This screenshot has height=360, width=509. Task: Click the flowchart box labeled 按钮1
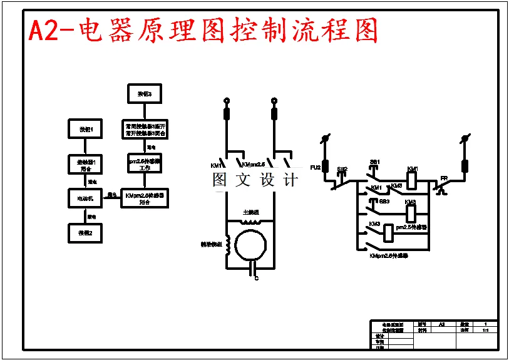point(85,130)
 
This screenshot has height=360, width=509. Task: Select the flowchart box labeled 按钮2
point(85,233)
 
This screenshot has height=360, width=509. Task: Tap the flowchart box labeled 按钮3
point(144,95)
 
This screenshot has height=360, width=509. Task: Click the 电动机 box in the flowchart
point(85,198)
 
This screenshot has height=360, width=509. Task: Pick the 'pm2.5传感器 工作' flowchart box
point(145,164)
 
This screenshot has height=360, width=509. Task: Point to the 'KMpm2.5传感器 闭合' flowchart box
point(145,198)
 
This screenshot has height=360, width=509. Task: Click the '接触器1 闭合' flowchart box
point(85,165)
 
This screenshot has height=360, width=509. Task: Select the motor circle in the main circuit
point(252,244)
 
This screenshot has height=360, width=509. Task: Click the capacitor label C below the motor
point(255,278)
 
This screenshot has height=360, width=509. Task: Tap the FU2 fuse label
point(316,168)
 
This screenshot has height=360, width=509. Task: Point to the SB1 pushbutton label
point(375,162)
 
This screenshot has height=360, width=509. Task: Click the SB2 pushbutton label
point(342,170)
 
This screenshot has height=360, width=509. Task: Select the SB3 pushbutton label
point(384,202)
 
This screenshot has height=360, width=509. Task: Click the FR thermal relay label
point(443,178)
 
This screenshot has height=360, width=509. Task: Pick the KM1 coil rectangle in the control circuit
point(413,180)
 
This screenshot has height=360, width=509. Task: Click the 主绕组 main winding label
point(251,212)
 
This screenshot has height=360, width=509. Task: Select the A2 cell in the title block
point(441,324)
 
